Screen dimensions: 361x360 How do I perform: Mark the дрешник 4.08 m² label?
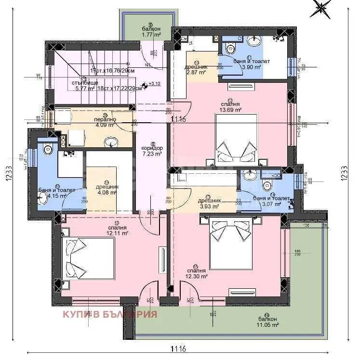pos(107,190)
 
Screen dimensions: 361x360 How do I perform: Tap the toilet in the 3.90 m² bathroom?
pos(229,47)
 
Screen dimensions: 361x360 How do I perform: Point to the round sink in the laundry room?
pos(111,142)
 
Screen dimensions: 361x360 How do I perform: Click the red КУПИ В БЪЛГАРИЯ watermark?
pos(110,314)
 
